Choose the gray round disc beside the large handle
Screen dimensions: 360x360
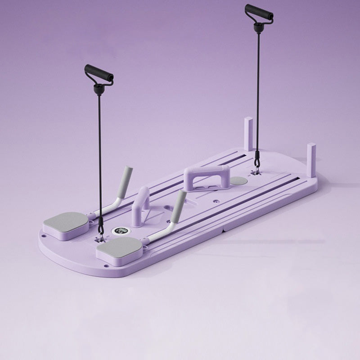[x=238, y=180]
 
